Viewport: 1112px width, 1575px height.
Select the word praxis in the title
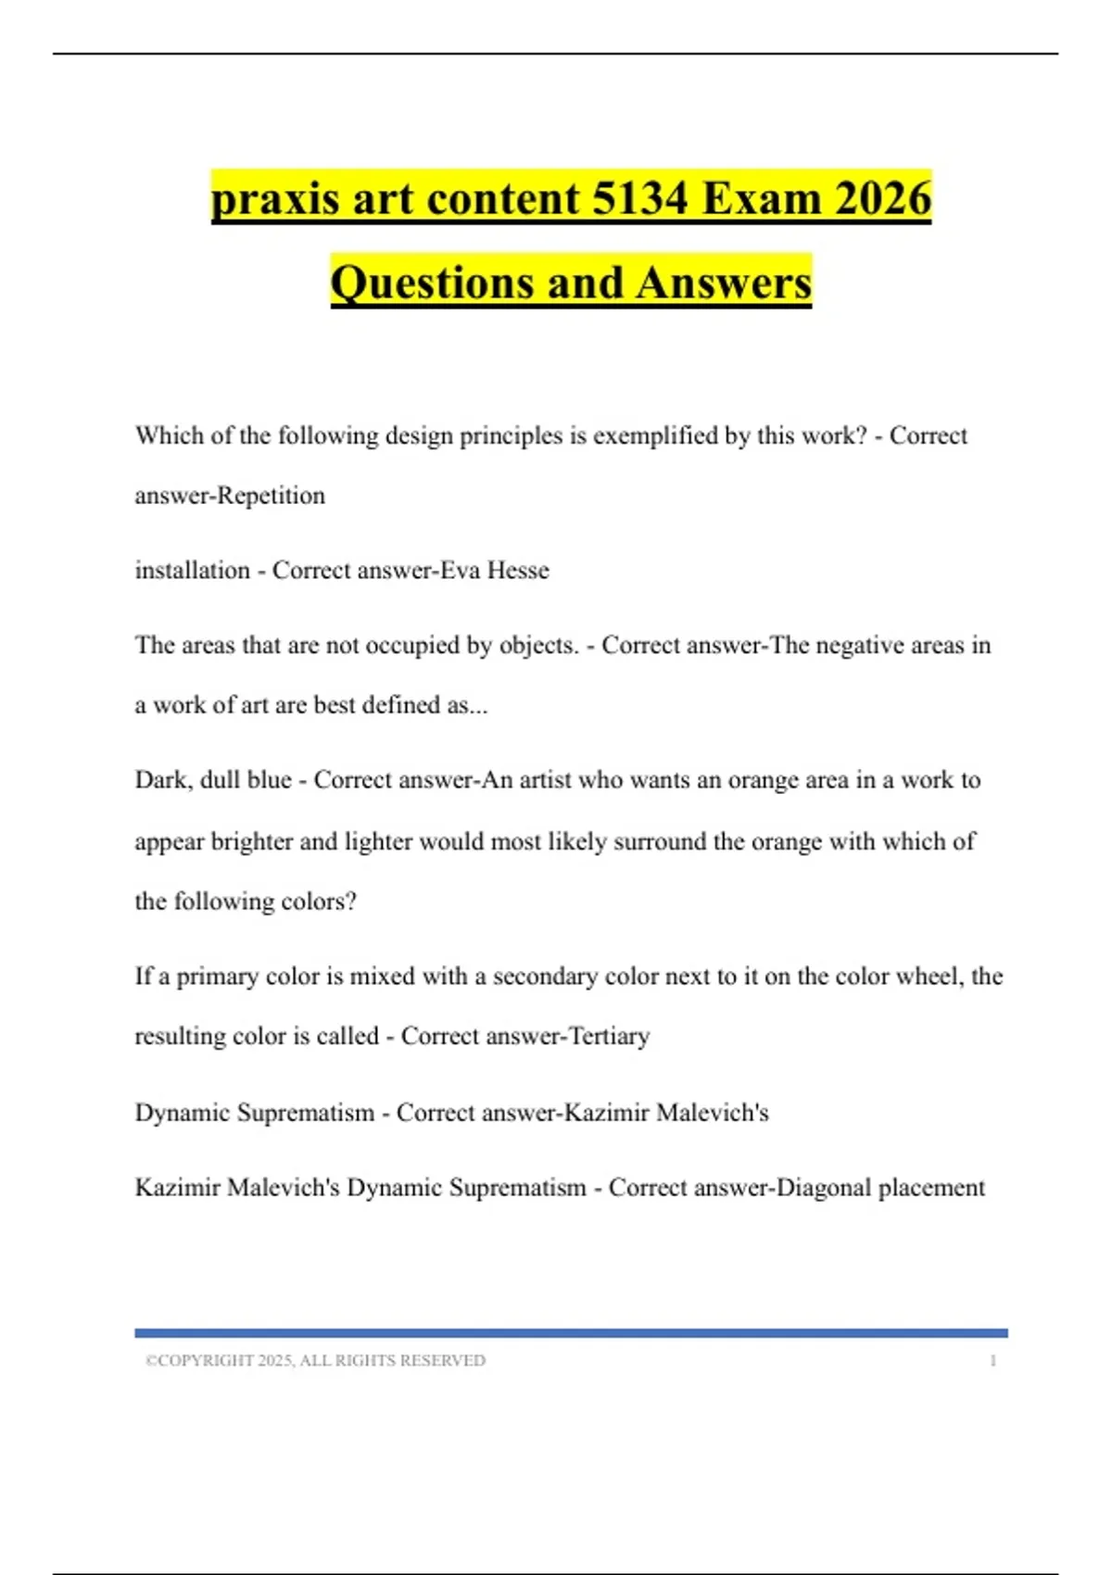coord(275,198)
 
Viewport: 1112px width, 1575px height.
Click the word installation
coord(192,570)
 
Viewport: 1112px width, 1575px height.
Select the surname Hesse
coord(518,570)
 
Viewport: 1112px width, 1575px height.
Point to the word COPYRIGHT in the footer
coord(205,1361)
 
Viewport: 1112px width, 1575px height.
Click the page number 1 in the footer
coord(993,1361)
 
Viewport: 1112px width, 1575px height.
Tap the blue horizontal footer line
coord(571,1333)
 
